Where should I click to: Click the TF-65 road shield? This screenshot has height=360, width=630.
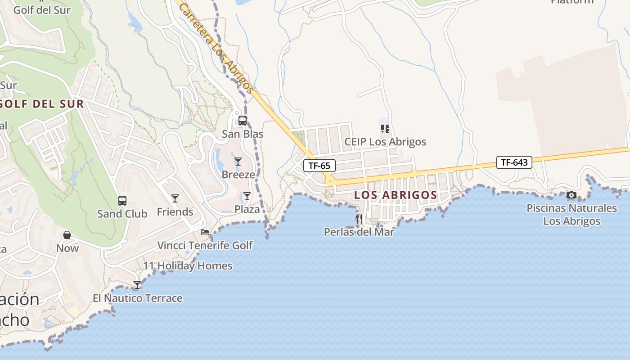(x=319, y=166)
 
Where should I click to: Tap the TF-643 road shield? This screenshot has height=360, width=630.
(x=514, y=162)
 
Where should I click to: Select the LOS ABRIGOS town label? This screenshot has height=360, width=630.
(x=396, y=195)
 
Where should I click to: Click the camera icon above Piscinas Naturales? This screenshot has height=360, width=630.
(x=571, y=195)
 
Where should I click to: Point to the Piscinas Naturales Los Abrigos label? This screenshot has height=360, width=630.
(x=571, y=215)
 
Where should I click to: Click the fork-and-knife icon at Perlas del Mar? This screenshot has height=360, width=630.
(x=359, y=219)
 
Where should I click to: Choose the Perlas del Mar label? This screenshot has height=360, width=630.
(x=359, y=232)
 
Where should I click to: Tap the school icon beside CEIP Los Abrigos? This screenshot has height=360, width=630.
(x=385, y=129)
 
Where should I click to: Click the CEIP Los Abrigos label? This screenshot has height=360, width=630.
(x=385, y=142)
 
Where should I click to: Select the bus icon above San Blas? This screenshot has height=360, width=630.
(x=243, y=121)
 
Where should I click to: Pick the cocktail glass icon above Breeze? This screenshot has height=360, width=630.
(x=238, y=161)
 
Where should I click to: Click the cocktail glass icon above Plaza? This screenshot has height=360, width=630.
(x=247, y=196)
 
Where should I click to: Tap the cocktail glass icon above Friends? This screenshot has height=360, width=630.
(x=175, y=198)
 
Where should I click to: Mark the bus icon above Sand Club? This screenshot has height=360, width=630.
(x=122, y=200)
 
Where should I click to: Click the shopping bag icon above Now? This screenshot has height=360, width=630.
(x=67, y=235)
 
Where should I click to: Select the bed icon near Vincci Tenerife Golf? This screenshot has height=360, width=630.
(x=205, y=232)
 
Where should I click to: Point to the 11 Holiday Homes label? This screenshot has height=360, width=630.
(x=188, y=266)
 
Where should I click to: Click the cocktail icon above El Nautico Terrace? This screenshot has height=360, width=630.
(x=137, y=284)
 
